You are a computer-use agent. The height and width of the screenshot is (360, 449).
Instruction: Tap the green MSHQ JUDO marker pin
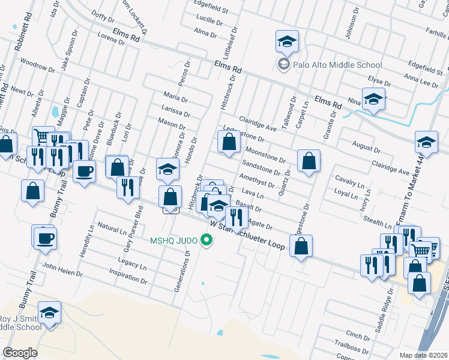point(207,241)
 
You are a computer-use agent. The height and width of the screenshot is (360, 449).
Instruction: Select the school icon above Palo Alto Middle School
point(287,42)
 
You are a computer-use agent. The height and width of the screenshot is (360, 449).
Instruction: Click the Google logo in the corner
point(20,352)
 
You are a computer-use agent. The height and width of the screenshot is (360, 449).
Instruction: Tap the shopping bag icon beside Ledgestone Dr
point(229,143)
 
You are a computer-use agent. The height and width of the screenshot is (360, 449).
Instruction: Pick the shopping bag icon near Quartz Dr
point(309,161)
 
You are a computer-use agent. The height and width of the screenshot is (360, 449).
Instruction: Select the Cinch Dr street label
point(358,337)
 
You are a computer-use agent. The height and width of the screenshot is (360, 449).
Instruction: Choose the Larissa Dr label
point(176,110)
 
